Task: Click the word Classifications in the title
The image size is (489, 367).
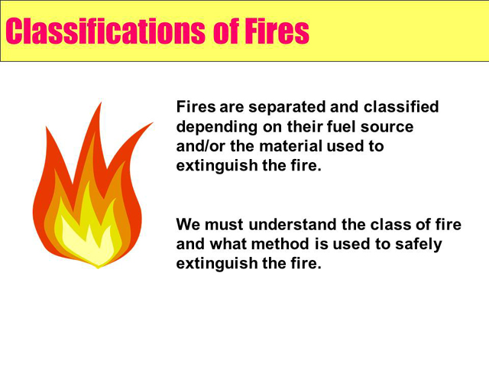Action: pyautogui.click(x=105, y=31)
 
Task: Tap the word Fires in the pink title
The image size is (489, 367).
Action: pyautogui.click(x=277, y=31)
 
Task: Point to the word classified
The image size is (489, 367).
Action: pyautogui.click(x=401, y=106)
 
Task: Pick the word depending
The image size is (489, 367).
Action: pyautogui.click(x=217, y=127)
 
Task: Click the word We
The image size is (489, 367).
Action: pyautogui.click(x=188, y=224)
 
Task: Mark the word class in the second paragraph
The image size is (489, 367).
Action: pyautogui.click(x=390, y=224)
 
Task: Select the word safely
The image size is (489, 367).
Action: pyautogui.click(x=419, y=245)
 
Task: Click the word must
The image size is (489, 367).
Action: pyautogui.click(x=224, y=225)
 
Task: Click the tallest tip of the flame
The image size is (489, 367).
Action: pyautogui.click(x=101, y=102)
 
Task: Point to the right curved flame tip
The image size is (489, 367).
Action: pyautogui.click(x=153, y=122)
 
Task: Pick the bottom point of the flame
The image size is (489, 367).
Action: pyautogui.click(x=99, y=268)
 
